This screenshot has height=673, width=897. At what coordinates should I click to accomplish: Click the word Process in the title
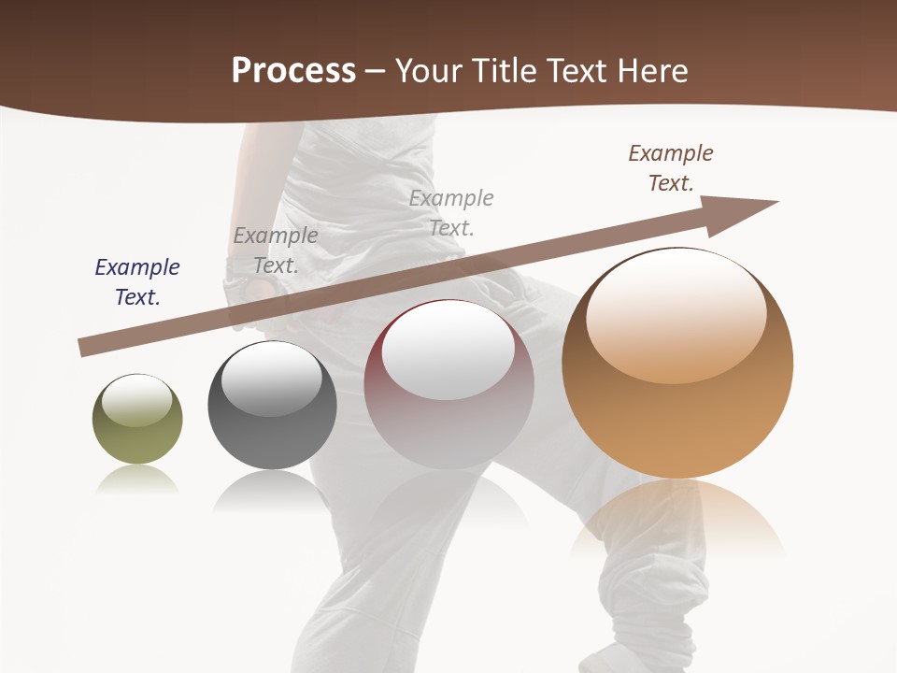pyautogui.click(x=293, y=71)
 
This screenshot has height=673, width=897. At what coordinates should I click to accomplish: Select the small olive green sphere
pyautogui.click(x=137, y=420)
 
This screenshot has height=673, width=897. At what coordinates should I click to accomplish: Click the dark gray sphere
pyautogui.click(x=272, y=406)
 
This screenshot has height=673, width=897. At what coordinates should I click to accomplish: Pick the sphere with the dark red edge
pyautogui.click(x=448, y=384)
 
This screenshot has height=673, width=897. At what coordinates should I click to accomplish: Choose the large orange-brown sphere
pyautogui.click(x=677, y=364)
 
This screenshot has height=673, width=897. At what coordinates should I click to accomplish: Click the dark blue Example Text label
pyautogui.click(x=137, y=282)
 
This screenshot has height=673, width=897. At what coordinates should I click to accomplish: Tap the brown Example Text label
pyautogui.click(x=671, y=168)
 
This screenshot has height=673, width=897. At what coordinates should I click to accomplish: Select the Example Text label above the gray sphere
pyautogui.click(x=276, y=251)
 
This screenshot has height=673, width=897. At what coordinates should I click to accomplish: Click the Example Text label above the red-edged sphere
pyautogui.click(x=451, y=213)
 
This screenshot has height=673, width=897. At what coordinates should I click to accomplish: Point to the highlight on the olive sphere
pyautogui.click(x=136, y=400)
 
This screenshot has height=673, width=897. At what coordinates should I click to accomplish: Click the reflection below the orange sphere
pyautogui.click(x=677, y=519)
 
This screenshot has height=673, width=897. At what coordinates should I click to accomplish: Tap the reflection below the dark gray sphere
pyautogui.click(x=272, y=491)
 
